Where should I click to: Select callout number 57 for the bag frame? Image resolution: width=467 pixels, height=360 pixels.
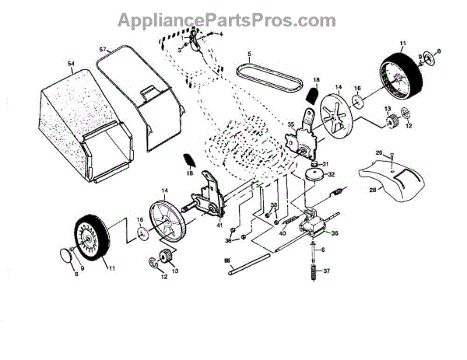(x=103, y=49)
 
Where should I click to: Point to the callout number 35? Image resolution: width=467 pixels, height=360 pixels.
(x=290, y=124)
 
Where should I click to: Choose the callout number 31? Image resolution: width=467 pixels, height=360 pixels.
(x=326, y=163)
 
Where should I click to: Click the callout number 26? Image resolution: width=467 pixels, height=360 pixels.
(x=378, y=152)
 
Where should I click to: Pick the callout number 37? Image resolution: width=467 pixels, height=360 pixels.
(x=327, y=271)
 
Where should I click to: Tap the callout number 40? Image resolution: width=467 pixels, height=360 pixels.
(x=283, y=233)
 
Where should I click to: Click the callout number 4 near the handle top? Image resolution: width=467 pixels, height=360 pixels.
(x=220, y=34)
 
